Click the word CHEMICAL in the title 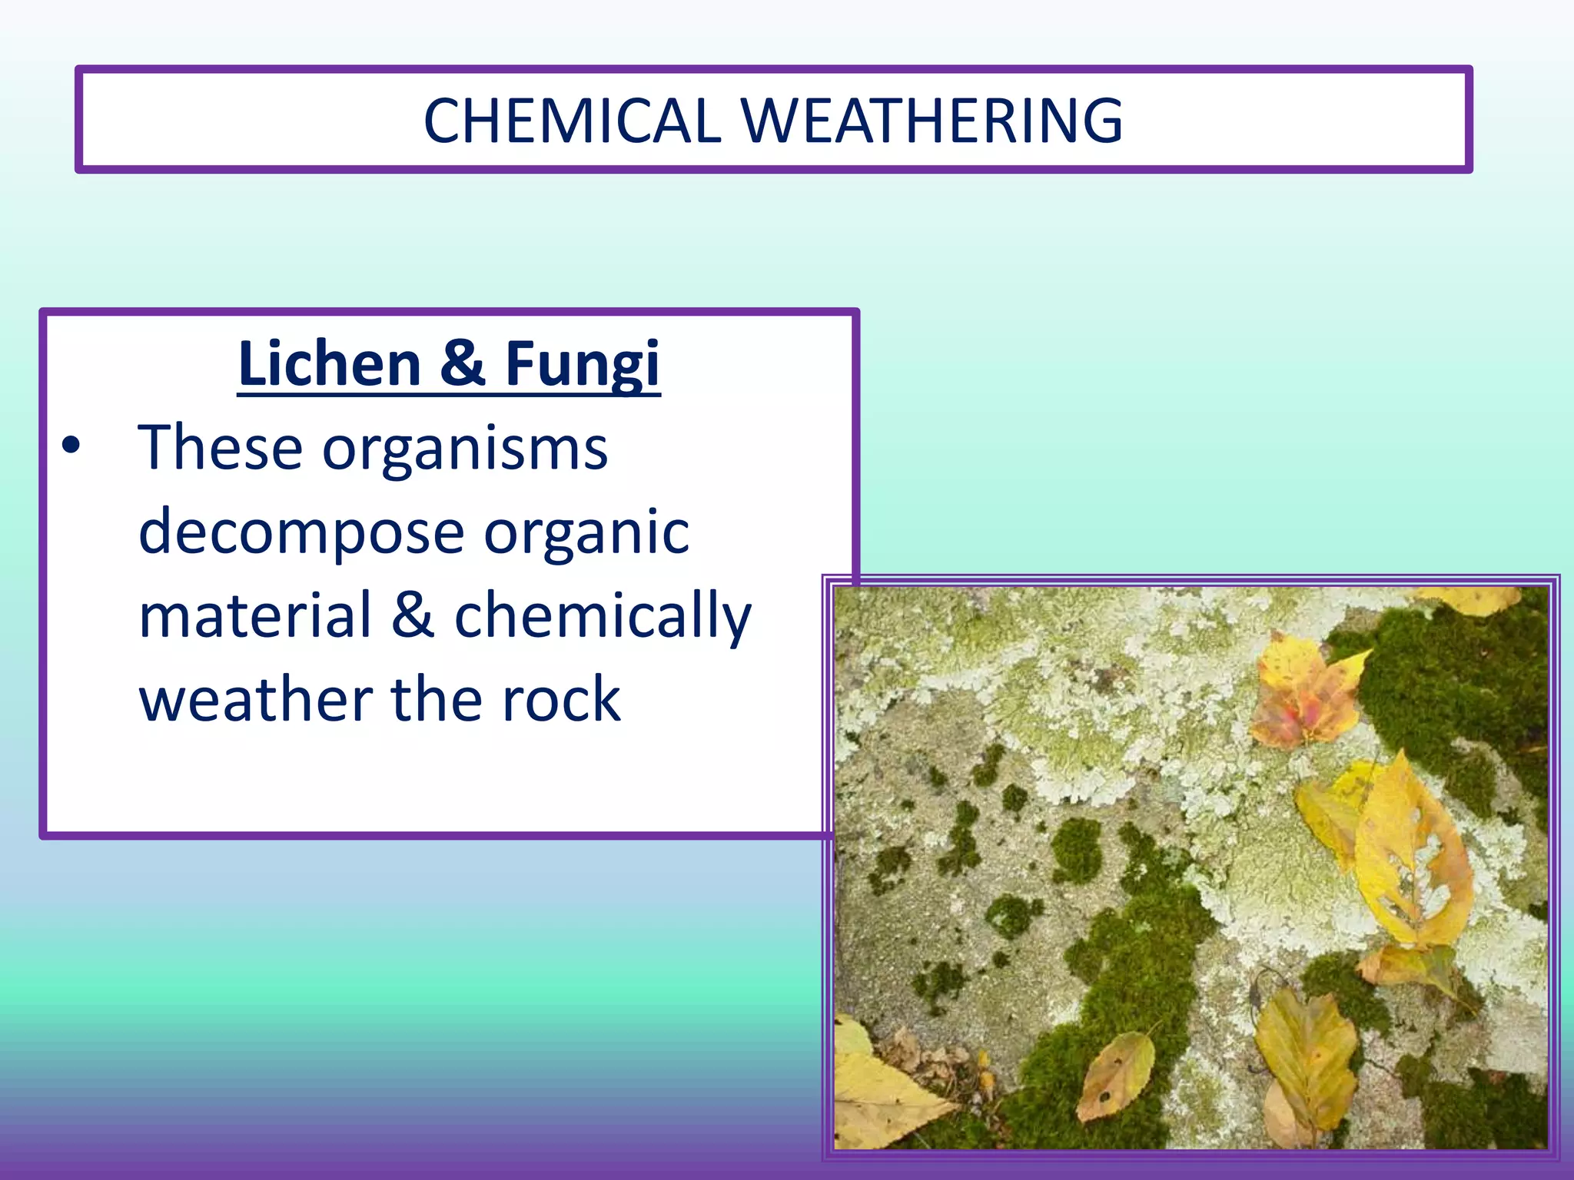[572, 121]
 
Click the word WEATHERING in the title [931, 121]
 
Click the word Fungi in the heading [582, 365]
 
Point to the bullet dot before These [71, 446]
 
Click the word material [255, 615]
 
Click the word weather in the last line [255, 700]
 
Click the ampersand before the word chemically [413, 615]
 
